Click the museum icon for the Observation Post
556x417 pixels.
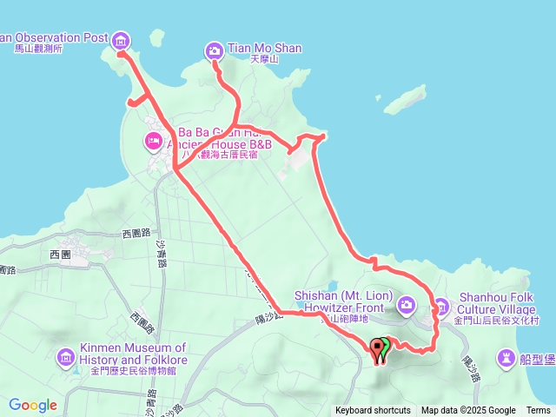121,39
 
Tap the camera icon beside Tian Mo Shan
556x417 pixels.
214,51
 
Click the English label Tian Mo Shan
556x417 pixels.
264,49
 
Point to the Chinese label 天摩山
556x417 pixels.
263,60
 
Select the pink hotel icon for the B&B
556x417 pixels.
153,139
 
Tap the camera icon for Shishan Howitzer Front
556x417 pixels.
407,305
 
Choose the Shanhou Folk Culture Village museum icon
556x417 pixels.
440,306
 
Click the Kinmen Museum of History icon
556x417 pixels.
66,356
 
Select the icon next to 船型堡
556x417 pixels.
506,357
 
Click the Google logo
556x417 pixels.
33,405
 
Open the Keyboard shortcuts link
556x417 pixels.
373,411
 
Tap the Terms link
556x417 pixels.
538,411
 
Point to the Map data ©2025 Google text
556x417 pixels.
468,411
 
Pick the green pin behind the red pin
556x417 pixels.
386,344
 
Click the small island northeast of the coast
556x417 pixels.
405,100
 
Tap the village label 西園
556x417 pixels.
60,255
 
